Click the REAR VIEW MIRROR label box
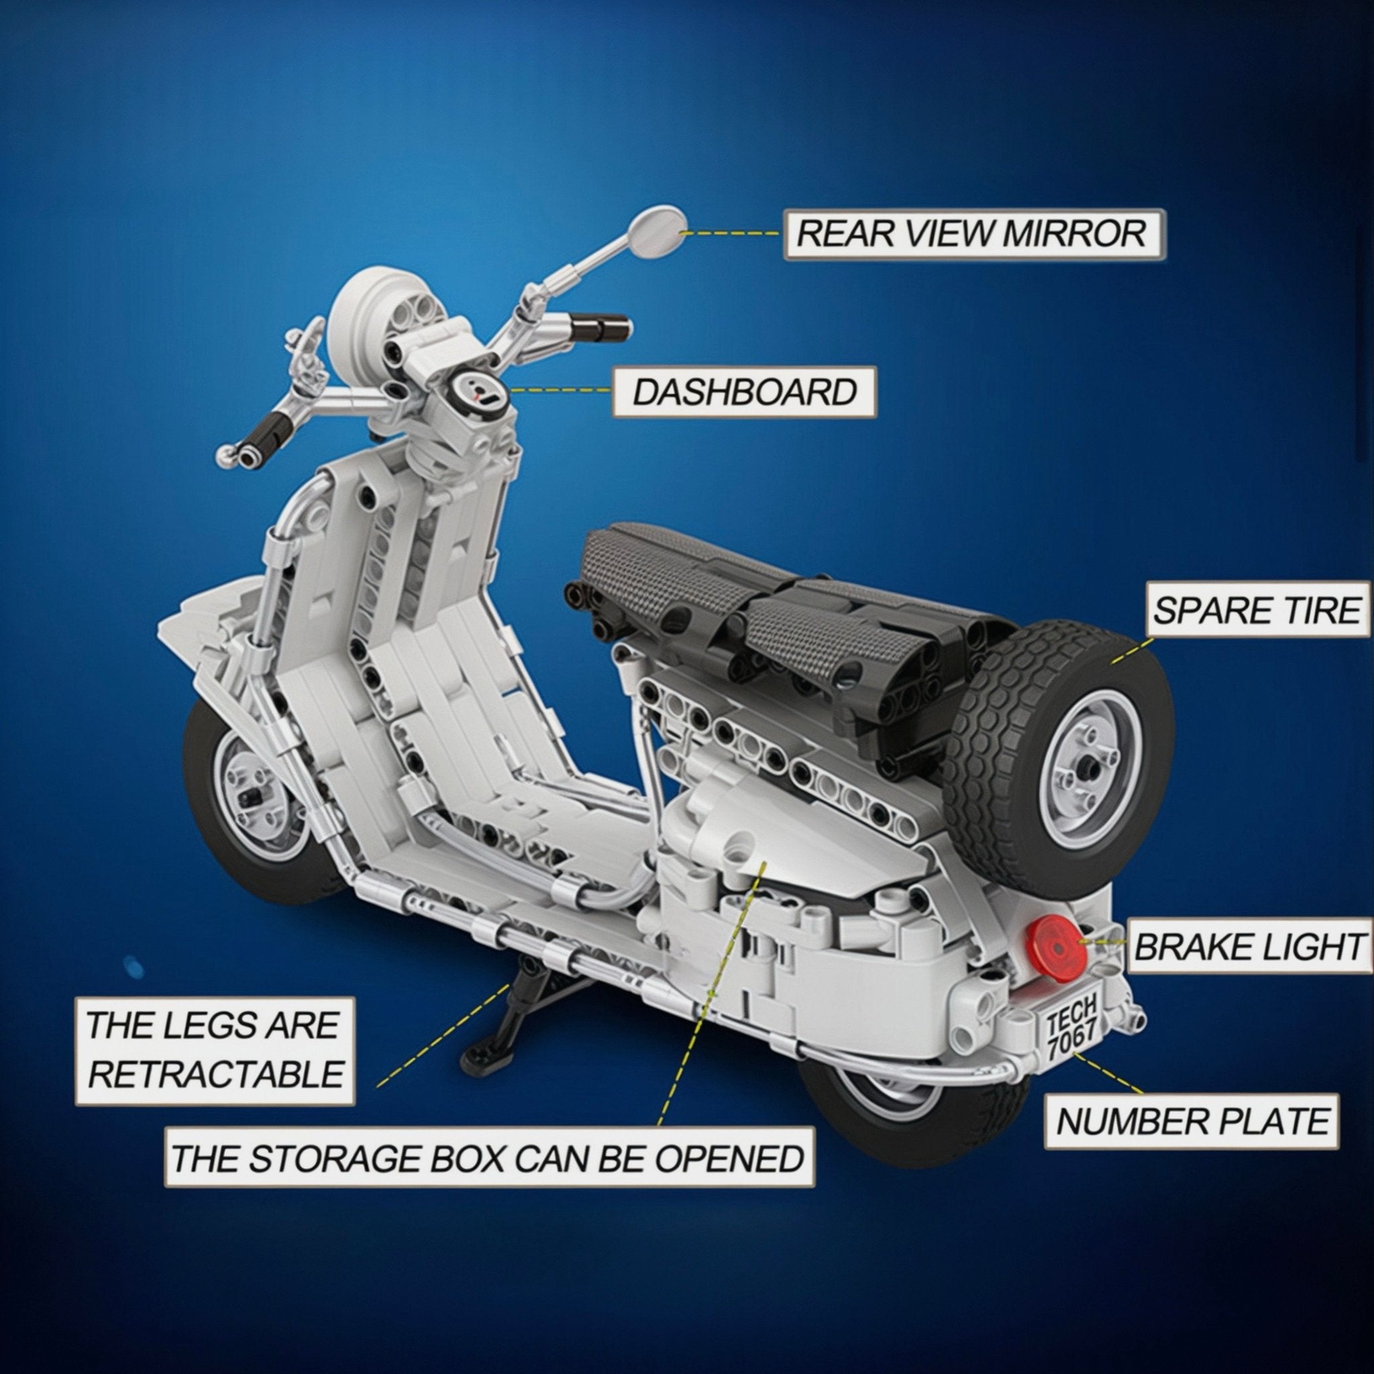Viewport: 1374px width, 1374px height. [x=974, y=234]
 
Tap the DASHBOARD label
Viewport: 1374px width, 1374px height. [x=745, y=392]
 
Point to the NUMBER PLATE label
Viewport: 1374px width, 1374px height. [x=1192, y=1122]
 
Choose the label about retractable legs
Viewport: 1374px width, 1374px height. [x=215, y=1051]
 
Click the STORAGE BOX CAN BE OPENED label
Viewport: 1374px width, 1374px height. [x=489, y=1159]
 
